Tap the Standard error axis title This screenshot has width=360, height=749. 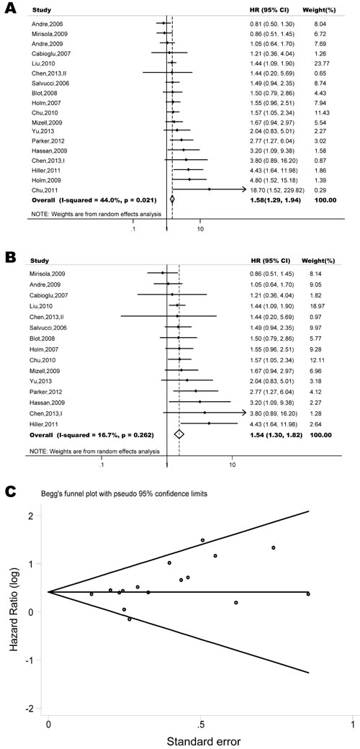201,740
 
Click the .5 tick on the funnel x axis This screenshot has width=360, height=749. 201,719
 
